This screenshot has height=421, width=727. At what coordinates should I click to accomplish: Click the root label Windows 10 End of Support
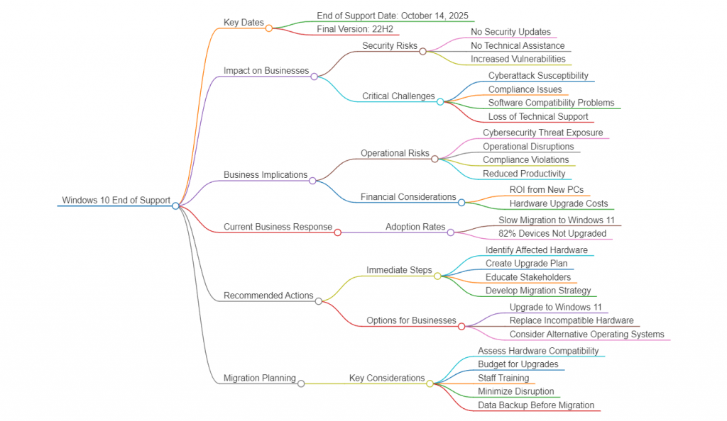[x=116, y=201]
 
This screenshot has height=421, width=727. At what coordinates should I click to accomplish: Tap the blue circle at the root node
[x=175, y=206]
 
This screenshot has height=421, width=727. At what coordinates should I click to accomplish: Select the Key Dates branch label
[x=244, y=23]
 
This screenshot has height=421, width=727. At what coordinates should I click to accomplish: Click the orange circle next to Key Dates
[x=269, y=28]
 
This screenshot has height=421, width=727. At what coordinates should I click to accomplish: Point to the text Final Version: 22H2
[x=354, y=29]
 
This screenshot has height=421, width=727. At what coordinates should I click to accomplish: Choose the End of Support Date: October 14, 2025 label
[x=393, y=16]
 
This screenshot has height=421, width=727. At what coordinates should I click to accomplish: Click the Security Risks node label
[x=390, y=46]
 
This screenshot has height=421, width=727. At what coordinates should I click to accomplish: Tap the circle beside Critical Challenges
[x=440, y=101]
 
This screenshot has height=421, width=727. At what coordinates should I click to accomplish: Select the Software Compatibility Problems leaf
[x=551, y=103]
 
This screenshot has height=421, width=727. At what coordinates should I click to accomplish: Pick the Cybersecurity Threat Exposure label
[x=542, y=133]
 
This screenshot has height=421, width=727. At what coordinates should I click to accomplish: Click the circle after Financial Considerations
[x=461, y=202]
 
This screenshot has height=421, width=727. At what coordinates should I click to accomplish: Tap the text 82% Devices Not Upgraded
[x=552, y=233]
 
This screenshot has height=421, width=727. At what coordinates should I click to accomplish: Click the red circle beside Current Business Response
[x=337, y=232]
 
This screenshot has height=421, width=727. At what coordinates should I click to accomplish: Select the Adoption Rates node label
[x=415, y=228]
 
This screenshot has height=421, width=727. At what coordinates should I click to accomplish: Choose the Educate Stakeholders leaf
[x=528, y=277]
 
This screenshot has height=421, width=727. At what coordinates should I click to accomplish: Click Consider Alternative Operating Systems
[x=586, y=335]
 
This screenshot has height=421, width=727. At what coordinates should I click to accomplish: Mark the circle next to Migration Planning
[x=301, y=383]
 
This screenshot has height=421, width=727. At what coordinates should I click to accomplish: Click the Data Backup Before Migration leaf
[x=535, y=405]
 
